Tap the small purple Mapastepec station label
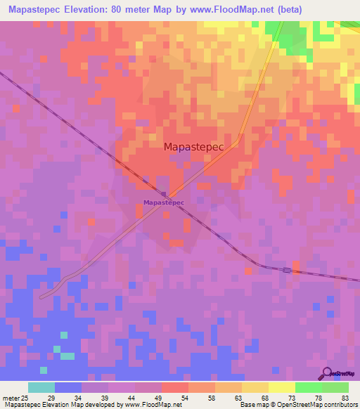click(164, 203)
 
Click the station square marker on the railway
click(163, 194)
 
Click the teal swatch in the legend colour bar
click(41, 388)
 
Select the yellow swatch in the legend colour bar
click(281, 388)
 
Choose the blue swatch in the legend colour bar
click(68, 388)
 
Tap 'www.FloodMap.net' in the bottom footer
click(152, 405)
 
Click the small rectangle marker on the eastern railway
click(287, 270)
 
